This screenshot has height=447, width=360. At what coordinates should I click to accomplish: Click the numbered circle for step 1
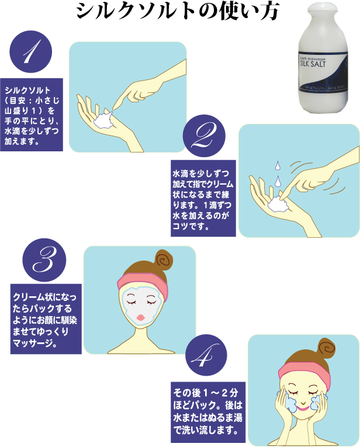(x=31, y=54)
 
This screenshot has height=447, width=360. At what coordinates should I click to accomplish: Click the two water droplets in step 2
(x=278, y=174)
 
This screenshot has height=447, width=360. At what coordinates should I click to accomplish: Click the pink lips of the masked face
(x=141, y=316)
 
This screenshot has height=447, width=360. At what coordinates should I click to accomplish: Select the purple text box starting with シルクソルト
(x=31, y=115)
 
